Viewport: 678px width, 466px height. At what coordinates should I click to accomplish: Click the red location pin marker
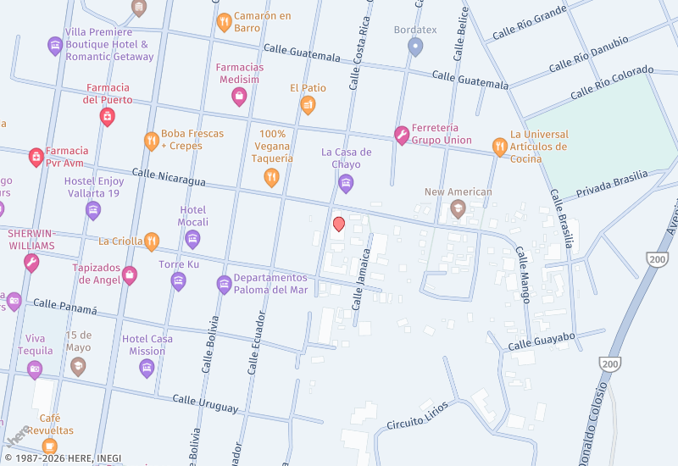(338, 224)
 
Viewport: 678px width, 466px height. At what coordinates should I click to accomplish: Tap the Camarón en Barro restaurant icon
(224, 22)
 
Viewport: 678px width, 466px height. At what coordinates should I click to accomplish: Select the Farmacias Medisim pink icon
(240, 97)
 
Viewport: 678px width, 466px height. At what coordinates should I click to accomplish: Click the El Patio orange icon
(308, 105)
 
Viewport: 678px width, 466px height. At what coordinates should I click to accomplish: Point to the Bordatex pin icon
(414, 47)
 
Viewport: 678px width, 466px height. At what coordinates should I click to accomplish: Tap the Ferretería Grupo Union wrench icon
(401, 135)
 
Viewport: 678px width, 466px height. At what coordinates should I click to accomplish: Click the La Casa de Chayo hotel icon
(345, 182)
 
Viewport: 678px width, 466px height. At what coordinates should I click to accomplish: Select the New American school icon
(458, 208)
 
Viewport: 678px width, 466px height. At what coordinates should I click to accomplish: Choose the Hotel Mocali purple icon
(192, 240)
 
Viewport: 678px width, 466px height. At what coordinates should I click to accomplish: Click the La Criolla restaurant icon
(152, 241)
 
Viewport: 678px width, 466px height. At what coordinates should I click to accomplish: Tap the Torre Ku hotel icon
(178, 280)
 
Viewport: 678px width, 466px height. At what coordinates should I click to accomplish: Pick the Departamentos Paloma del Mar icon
(224, 284)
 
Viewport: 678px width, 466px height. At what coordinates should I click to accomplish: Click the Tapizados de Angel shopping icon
(130, 274)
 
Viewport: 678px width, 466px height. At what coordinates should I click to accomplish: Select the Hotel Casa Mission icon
(147, 368)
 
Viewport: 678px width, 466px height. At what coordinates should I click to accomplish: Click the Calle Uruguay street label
(205, 403)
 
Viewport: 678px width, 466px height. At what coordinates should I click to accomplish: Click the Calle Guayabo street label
(542, 341)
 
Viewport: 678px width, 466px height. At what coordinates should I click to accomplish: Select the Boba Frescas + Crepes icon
(151, 141)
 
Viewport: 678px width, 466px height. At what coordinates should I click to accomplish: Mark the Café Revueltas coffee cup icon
(50, 446)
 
